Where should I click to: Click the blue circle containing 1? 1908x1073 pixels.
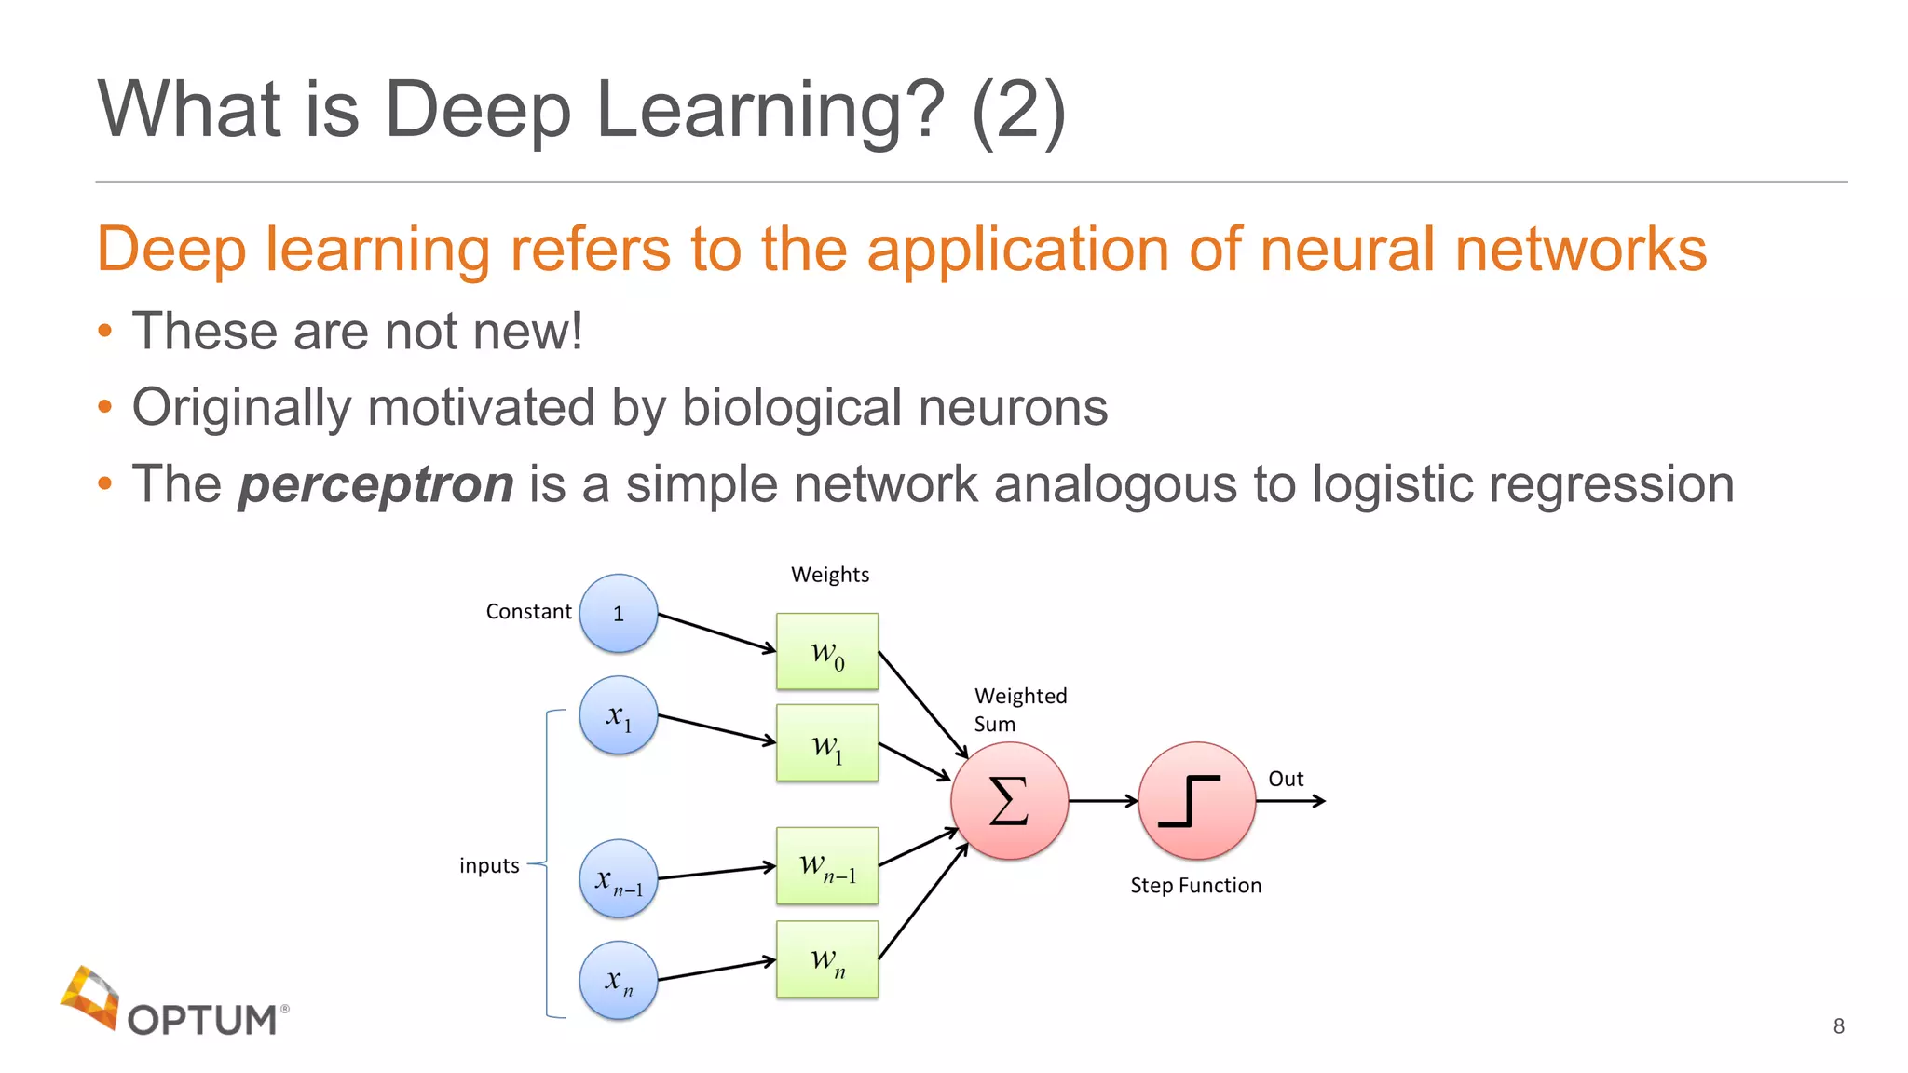click(x=618, y=613)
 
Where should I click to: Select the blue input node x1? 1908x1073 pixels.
click(x=618, y=715)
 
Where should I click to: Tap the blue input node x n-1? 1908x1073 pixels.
click(x=618, y=879)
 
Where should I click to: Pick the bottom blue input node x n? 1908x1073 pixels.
click(x=618, y=980)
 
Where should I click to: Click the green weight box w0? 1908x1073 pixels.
click(x=827, y=651)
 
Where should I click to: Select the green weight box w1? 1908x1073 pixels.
click(x=827, y=743)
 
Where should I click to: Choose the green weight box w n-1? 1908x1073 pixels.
click(x=827, y=866)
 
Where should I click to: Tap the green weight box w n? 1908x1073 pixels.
click(x=827, y=959)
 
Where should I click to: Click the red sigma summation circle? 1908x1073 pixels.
click(x=1009, y=800)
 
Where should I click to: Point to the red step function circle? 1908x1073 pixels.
click(x=1196, y=800)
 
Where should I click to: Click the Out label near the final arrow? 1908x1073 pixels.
click(x=1286, y=779)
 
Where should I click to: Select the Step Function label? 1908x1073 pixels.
click(x=1195, y=885)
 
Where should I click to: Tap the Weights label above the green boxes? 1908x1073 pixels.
click(x=830, y=575)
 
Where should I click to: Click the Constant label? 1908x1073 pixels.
click(x=528, y=612)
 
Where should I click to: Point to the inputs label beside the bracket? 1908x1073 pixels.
click(x=489, y=865)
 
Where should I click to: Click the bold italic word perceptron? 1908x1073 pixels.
click(x=375, y=484)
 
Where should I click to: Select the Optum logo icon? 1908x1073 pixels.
click(x=90, y=998)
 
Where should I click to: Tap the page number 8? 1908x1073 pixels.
click(x=1838, y=1025)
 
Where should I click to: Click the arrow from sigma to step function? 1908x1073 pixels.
click(x=1103, y=800)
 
